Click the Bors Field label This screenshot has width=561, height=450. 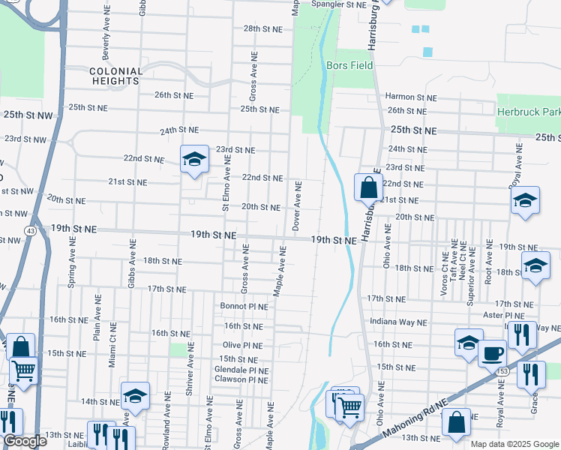click(x=350, y=65)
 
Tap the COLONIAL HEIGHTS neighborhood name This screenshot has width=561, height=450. click(x=115, y=76)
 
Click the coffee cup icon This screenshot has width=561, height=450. click(x=493, y=352)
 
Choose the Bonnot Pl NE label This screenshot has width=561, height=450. click(x=244, y=306)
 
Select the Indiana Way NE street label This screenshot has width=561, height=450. click(x=399, y=322)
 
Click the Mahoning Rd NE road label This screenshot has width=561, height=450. click(x=414, y=425)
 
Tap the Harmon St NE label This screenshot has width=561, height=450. click(x=410, y=97)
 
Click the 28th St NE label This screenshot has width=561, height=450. click(x=262, y=28)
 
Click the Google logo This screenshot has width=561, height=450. click(x=25, y=441)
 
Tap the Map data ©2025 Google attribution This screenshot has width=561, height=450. click(x=514, y=444)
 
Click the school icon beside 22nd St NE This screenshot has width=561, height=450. click(x=194, y=159)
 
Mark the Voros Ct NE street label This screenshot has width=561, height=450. click(x=445, y=268)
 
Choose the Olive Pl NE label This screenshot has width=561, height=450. click(x=242, y=346)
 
